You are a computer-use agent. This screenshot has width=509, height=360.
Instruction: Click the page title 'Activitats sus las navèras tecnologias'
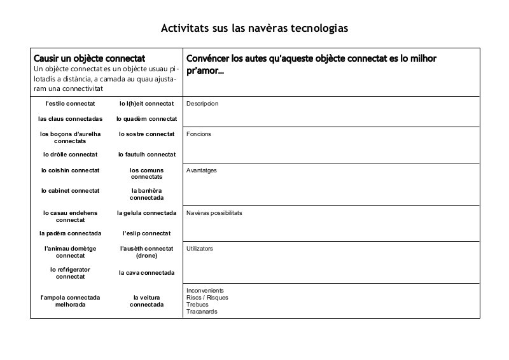click(254, 29)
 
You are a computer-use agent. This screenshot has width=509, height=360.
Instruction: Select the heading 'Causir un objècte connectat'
click(89, 58)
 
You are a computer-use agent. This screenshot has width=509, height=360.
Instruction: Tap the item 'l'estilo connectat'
click(70, 103)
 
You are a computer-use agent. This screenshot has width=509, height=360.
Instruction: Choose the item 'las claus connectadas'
click(70, 118)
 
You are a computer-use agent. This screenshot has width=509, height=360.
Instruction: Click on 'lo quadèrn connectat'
click(146, 118)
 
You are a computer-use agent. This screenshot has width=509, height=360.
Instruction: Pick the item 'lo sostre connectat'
click(146, 134)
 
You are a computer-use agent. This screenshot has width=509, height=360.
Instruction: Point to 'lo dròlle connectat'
click(70, 155)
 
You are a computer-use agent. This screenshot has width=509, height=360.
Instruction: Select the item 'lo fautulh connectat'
click(146, 155)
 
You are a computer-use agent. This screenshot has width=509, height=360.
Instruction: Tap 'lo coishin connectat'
click(70, 170)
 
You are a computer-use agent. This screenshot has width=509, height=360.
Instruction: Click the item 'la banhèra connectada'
click(146, 194)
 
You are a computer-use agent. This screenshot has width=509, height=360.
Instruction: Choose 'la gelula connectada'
click(146, 213)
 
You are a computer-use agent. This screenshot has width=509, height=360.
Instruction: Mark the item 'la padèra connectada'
click(70, 233)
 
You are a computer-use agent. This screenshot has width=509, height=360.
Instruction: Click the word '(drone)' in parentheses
click(146, 256)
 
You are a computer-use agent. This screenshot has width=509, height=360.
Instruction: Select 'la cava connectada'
click(146, 273)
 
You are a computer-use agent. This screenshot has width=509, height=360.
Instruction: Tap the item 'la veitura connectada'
click(146, 301)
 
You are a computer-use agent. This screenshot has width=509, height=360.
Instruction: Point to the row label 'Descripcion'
click(202, 103)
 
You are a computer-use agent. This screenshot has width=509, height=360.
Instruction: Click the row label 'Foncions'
click(199, 134)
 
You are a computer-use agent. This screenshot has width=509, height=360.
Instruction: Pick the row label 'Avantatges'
click(202, 170)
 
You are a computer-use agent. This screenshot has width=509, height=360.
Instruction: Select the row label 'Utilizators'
click(200, 248)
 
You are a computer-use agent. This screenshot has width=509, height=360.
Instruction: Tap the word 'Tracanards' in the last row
click(202, 312)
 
